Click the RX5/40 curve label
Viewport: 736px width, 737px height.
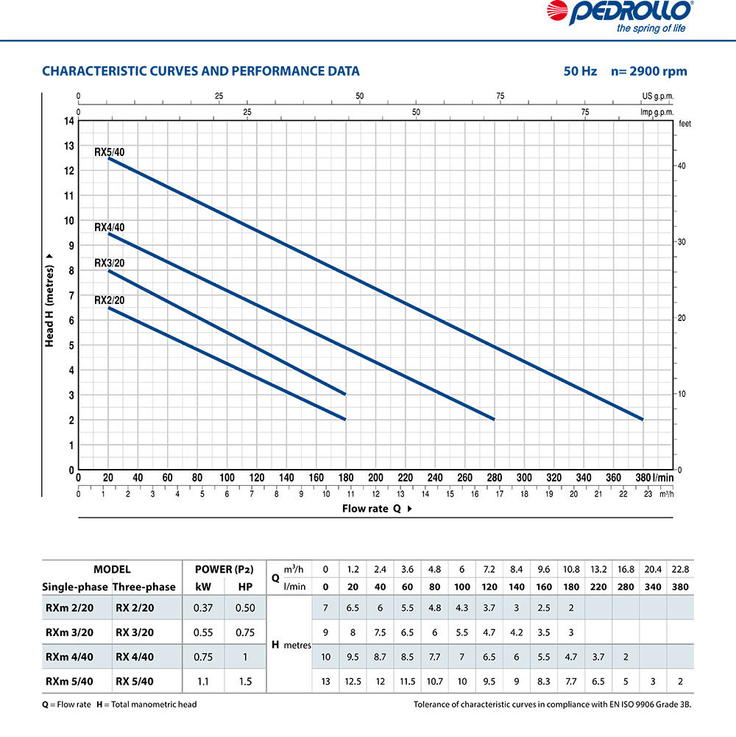tap(109, 152)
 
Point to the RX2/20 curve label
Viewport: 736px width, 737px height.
tap(109, 300)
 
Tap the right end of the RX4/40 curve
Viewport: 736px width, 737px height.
tap(494, 419)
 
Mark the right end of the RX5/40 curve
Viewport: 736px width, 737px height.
tap(643, 419)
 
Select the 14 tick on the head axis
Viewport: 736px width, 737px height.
tap(69, 121)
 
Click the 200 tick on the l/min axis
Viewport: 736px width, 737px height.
tap(375, 478)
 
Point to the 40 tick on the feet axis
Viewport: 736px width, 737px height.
tap(682, 166)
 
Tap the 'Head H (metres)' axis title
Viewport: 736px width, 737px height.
tap(49, 299)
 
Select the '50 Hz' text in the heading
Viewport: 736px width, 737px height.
tap(580, 71)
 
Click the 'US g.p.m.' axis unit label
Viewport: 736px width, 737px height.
tap(657, 96)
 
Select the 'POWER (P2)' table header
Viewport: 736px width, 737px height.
tap(224, 569)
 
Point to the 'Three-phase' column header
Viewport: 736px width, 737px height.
tap(144, 587)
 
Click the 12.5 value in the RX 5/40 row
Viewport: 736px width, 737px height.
tap(353, 681)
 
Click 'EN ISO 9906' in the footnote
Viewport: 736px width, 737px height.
tap(632, 705)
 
